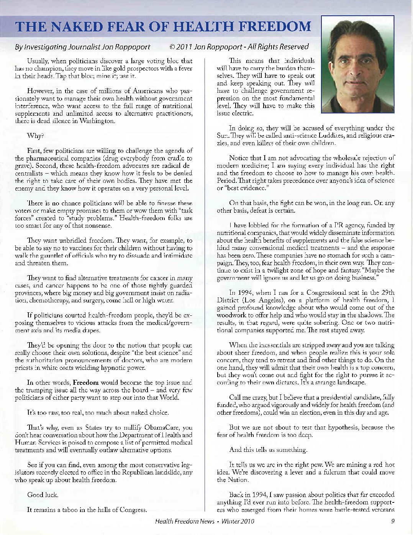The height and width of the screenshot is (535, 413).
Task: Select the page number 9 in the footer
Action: [393, 521]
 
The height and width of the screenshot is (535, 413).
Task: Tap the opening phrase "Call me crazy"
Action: [248, 397]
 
